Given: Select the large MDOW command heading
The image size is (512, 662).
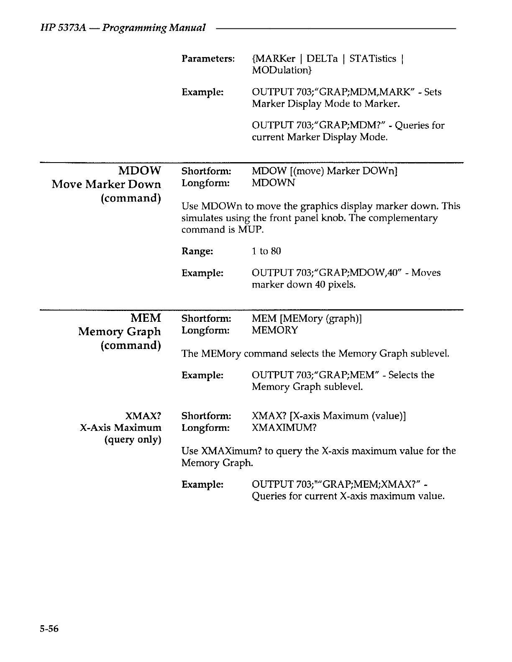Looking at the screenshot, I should pyautogui.click(x=140, y=171).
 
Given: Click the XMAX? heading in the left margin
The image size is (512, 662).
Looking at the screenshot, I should pyautogui.click(x=143, y=416).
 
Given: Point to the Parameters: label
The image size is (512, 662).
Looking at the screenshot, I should pyautogui.click(x=208, y=59).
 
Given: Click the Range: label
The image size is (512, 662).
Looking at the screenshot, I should pyautogui.click(x=197, y=251).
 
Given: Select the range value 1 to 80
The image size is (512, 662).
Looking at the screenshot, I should pyautogui.click(x=266, y=251).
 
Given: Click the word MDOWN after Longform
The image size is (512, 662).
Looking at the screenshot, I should pyautogui.click(x=273, y=183).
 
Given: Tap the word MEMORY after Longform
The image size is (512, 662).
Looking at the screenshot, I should pyautogui.click(x=275, y=330).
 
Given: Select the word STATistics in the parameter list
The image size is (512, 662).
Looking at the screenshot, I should pyautogui.click(x=373, y=59).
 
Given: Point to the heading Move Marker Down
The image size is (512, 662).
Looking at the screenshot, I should pyautogui.click(x=106, y=184).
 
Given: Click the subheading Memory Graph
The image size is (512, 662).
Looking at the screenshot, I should pyautogui.click(x=120, y=332).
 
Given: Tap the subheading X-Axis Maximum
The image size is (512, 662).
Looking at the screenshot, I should pyautogui.click(x=120, y=428).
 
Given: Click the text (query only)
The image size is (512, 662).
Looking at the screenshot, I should pyautogui.click(x=133, y=440).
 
